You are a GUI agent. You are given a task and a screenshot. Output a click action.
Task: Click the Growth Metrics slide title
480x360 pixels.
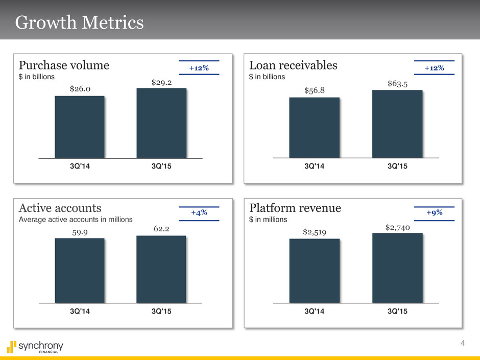pyautogui.click(x=79, y=23)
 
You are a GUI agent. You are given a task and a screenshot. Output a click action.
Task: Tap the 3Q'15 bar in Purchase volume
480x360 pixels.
pyautogui.click(x=161, y=123)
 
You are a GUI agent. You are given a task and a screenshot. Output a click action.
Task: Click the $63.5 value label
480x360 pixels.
pyautogui.click(x=397, y=83)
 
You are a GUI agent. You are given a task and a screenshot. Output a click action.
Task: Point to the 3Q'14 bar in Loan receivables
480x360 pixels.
pyautogui.click(x=314, y=128)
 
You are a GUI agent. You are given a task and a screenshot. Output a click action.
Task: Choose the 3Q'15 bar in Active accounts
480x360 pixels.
pyautogui.click(x=161, y=269)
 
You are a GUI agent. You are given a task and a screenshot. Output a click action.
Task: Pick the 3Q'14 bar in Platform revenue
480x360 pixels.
pyautogui.click(x=314, y=271)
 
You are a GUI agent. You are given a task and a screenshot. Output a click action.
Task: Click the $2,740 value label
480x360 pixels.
pyautogui.click(x=397, y=226)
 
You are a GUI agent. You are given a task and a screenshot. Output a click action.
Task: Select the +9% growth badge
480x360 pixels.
pyautogui.click(x=434, y=212)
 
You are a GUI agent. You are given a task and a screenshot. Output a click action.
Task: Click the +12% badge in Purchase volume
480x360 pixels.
pyautogui.click(x=199, y=67)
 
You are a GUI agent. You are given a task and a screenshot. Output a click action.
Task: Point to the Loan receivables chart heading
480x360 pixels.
pyautogui.click(x=293, y=65)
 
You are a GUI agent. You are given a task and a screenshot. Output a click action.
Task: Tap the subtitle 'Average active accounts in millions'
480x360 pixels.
pyautogui.click(x=76, y=220)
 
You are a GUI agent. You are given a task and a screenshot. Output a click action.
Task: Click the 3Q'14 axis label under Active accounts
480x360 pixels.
pyautogui.click(x=80, y=312)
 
